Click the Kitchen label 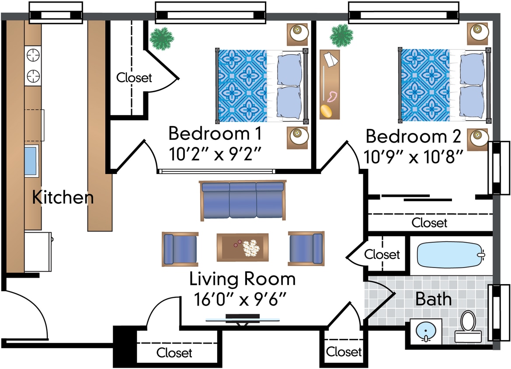(x=63, y=198)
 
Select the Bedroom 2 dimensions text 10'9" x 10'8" (x=413, y=156)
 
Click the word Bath (x=433, y=299)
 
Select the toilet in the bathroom (x=468, y=327)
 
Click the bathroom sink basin (x=426, y=331)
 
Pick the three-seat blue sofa (x=243, y=200)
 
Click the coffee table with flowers (x=243, y=247)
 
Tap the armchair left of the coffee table (x=180, y=249)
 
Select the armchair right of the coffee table (x=306, y=248)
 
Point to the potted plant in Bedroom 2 (x=341, y=36)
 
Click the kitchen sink (x=31, y=160)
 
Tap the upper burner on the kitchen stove (x=33, y=55)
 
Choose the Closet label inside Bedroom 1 (x=134, y=78)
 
